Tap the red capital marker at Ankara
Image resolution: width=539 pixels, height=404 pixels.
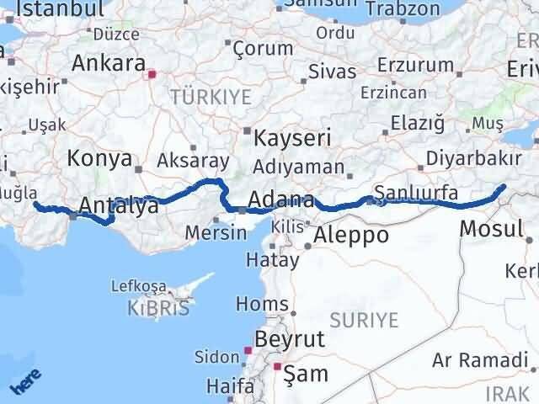[152, 74]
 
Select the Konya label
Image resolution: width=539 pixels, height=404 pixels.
[99, 158]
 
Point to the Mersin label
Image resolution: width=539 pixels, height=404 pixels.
[211, 232]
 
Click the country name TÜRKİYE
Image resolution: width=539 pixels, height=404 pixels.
[211, 98]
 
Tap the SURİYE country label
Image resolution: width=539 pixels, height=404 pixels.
[363, 319]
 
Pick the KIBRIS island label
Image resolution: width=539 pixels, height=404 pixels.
[158, 308]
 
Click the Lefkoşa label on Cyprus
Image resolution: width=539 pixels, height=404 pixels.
[140, 286]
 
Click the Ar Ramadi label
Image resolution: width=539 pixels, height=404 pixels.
[479, 360]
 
